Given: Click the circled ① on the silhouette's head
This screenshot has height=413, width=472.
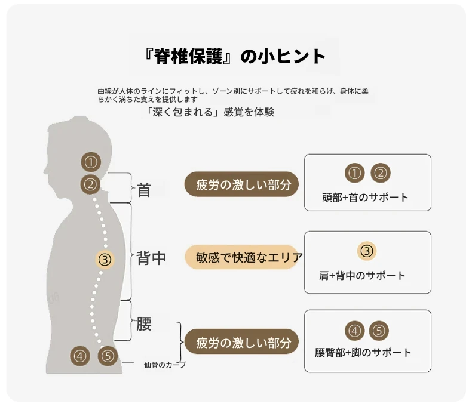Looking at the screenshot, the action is coord(91,162).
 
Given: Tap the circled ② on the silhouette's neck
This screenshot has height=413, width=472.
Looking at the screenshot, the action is coord(90,184).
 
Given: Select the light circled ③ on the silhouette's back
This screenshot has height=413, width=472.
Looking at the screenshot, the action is coord(105,259).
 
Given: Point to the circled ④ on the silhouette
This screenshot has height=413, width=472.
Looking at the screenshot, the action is coord(80,356).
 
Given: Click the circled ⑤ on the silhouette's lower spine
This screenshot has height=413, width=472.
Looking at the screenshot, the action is coord(108,356).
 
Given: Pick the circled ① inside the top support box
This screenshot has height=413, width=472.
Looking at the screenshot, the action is coord(355,173).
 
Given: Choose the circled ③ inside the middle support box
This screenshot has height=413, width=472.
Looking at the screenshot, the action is coord(367,251).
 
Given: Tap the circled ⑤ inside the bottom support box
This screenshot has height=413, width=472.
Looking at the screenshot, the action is coord(379,331).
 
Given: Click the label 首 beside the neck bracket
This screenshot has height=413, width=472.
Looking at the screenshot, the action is coord(143,190).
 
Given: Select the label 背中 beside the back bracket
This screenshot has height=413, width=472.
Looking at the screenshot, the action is coord(151,258).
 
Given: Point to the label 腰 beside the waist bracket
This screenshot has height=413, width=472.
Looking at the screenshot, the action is coord(144,323).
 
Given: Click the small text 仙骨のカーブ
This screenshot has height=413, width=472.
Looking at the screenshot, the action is coord(165,365).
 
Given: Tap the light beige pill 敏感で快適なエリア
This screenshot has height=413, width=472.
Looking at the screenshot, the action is coord(244,257).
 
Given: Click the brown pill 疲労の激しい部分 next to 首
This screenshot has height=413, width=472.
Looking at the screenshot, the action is coord(241,184).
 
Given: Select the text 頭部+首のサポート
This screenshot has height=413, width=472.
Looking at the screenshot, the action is coord(365,198).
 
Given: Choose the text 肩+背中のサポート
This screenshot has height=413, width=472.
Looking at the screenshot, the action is coord(363,276).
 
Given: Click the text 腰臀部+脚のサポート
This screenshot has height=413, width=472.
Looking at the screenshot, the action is coord(363,353).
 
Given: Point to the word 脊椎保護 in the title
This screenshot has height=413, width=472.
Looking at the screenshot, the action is coord(188,56).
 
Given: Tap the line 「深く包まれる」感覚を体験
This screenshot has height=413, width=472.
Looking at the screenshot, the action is coord(210,112).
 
